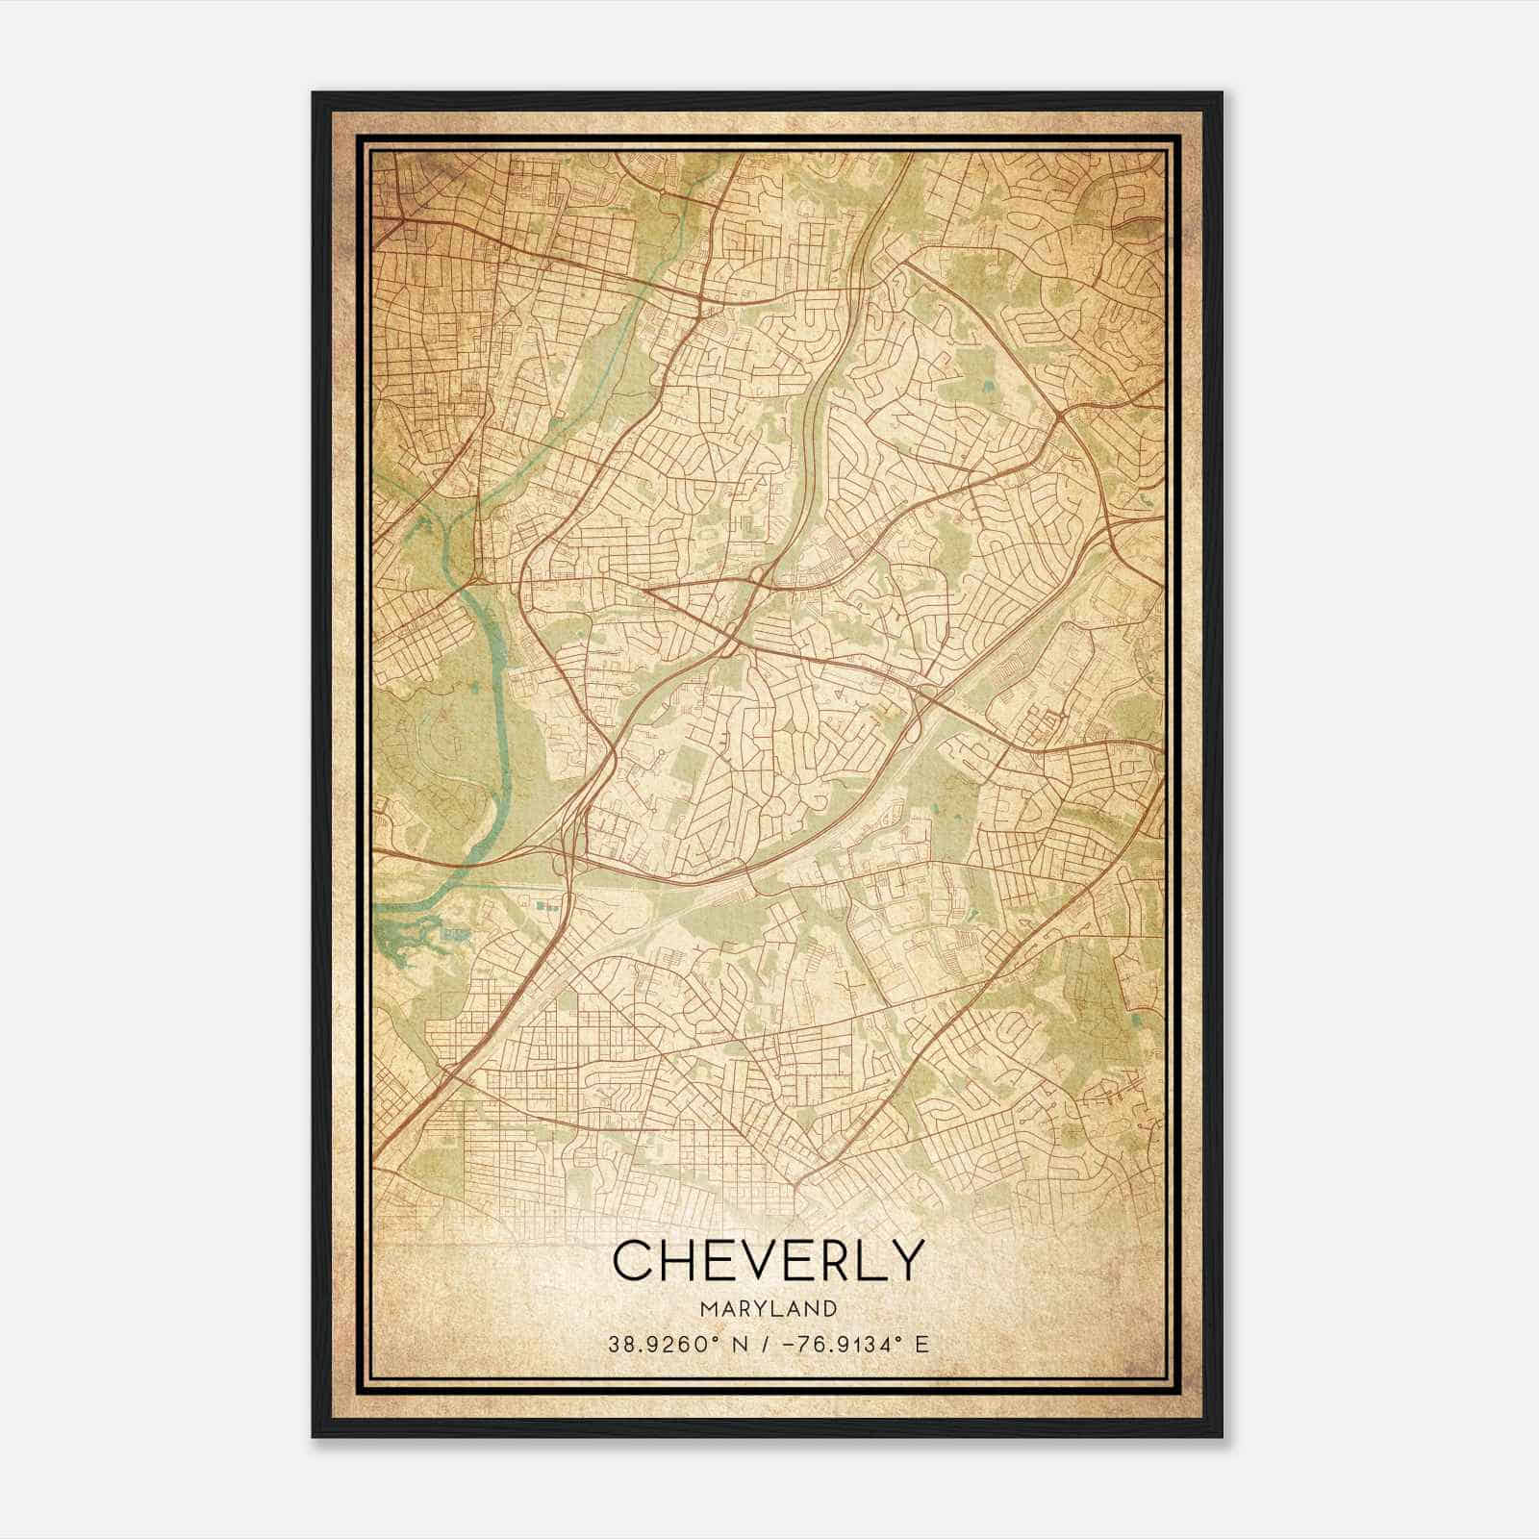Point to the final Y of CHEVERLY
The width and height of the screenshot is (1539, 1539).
pyautogui.click(x=903, y=1261)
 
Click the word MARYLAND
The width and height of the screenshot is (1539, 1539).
pyautogui.click(x=768, y=1309)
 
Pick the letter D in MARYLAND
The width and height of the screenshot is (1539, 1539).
pyautogui.click(x=829, y=1309)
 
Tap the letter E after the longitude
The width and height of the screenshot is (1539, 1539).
pyautogui.click(x=922, y=1345)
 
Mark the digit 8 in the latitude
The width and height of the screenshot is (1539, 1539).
pyautogui.click(x=626, y=1345)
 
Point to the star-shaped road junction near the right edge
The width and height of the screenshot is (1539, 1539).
pyautogui.click(x=1059, y=416)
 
